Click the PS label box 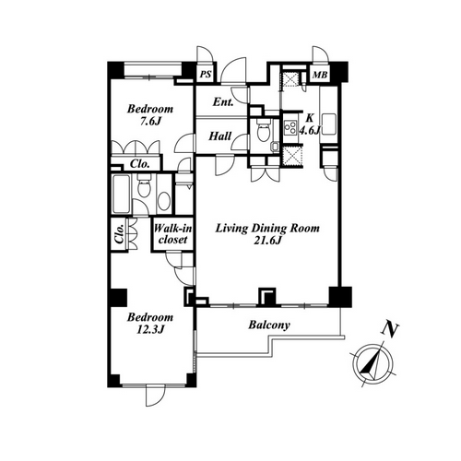[206, 74]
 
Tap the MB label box [320, 74]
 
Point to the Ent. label [223, 102]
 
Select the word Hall [220, 136]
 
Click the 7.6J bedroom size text [150, 122]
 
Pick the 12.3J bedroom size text [150, 329]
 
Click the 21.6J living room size [267, 241]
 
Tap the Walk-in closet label [172, 234]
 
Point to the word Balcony [269, 325]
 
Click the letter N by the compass [390, 330]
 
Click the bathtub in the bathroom [121, 195]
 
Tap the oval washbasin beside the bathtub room [163, 201]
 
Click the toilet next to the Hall [263, 131]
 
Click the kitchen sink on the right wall [328, 124]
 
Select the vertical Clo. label [119, 234]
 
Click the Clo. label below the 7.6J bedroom [139, 164]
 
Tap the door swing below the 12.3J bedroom [156, 396]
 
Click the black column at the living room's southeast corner [340, 297]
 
